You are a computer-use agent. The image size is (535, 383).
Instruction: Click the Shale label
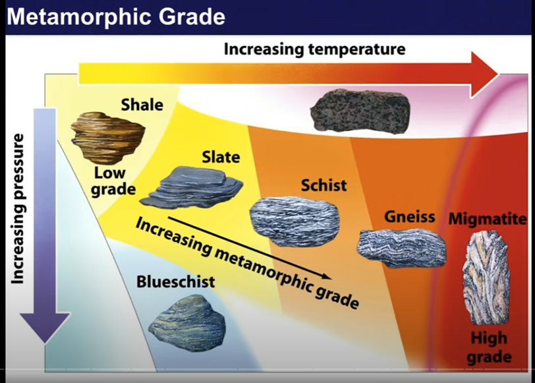[x=142, y=104]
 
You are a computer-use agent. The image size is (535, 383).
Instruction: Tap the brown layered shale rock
[x=108, y=137]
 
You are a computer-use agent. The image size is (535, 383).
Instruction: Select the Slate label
[x=221, y=157]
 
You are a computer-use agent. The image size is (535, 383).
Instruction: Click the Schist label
[x=324, y=185]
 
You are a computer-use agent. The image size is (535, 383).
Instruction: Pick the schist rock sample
[x=295, y=221]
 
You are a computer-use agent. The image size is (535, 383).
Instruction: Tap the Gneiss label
[x=409, y=217]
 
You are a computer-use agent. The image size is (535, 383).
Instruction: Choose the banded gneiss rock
[x=401, y=248]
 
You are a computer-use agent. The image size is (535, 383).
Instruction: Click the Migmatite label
[x=488, y=220]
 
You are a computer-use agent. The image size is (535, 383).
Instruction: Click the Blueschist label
[x=175, y=282]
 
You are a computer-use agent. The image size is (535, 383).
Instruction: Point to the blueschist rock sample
[x=187, y=322]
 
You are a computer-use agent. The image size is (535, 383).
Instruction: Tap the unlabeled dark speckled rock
[x=360, y=111]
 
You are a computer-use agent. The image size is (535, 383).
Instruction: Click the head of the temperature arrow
[x=484, y=74]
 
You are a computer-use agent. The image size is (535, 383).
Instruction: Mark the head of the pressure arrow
[x=45, y=327]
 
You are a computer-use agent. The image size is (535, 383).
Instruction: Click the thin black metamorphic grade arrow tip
[x=330, y=279]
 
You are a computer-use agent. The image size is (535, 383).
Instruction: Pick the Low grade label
[x=113, y=181]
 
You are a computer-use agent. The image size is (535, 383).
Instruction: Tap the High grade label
[x=489, y=347]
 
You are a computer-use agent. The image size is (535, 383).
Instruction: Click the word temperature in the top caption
[x=357, y=50]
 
